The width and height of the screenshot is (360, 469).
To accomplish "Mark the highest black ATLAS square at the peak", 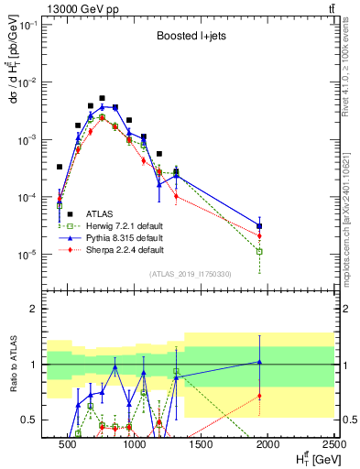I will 103,98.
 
